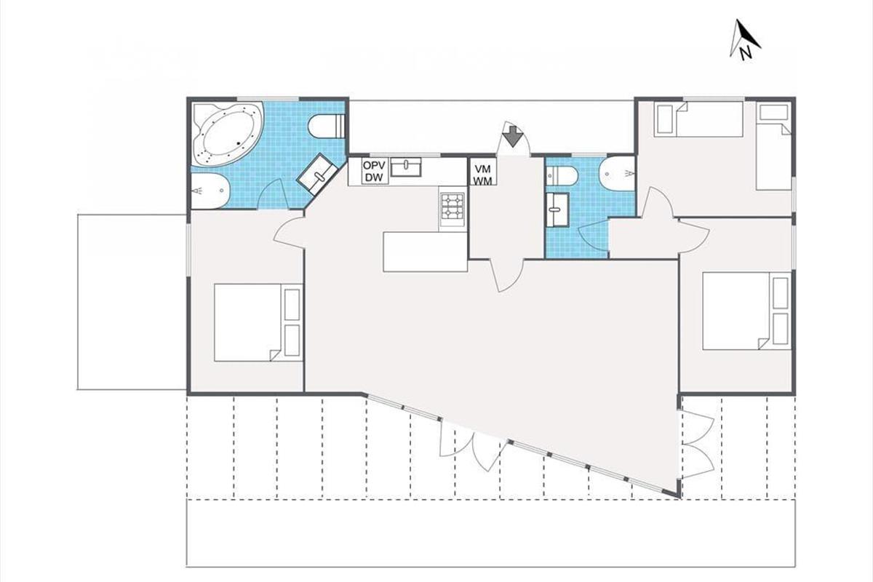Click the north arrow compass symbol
tap(744, 40)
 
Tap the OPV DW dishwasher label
tap(374, 171)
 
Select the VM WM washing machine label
tap(483, 175)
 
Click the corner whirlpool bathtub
tap(228, 135)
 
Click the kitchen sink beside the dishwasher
tap(406, 167)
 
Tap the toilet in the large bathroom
tap(327, 126)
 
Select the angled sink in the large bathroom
tap(317, 174)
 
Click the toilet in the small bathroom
tap(562, 176)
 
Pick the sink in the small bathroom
tap(557, 210)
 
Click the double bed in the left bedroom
tap(258, 322)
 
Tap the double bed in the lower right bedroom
tap(746, 311)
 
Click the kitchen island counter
tap(425, 252)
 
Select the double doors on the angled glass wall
tap(473, 443)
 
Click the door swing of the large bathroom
tap(272, 194)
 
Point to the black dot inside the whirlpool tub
tap(238, 143)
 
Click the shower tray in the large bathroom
tap(210, 191)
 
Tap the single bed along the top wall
tap(698, 119)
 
